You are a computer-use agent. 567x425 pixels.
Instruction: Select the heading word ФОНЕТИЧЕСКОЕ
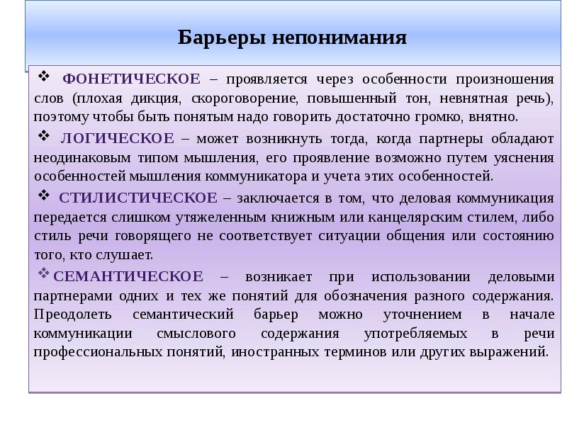tap(131, 79)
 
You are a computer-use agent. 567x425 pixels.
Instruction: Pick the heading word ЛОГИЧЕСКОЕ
tap(117, 137)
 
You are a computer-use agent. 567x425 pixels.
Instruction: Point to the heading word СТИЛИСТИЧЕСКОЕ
tap(138, 197)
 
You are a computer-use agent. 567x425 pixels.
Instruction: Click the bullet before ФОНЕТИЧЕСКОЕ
tap(43, 76)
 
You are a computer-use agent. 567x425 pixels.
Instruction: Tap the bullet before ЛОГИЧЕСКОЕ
tap(43, 135)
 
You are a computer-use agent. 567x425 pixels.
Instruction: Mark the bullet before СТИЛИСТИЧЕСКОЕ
tap(43, 195)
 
